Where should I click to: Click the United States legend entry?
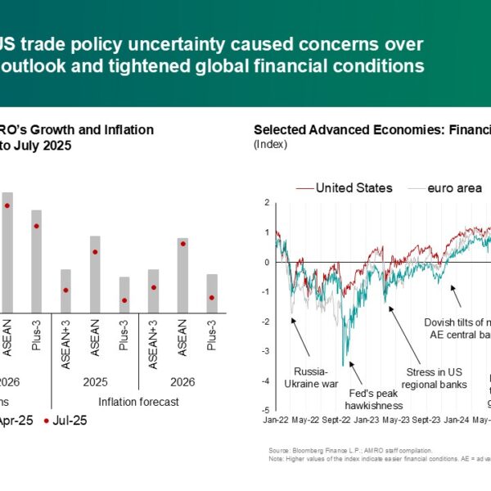click(x=354, y=188)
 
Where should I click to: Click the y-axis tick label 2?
click(x=267, y=202)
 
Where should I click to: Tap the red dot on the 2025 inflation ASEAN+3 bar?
click(x=65, y=291)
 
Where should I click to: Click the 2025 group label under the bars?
click(x=95, y=381)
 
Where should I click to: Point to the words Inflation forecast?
click(x=139, y=401)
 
